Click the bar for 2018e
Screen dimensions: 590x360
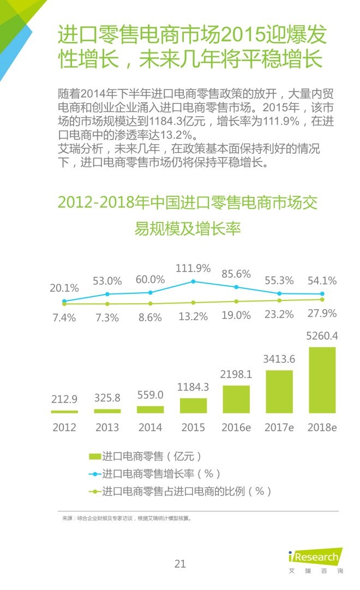coord(322,380)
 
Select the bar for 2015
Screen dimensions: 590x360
coord(193,405)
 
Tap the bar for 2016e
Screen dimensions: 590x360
coord(236,399)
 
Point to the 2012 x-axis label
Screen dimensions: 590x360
coord(64,428)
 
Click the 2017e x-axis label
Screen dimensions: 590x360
coord(279,428)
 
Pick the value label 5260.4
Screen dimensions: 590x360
coord(322,336)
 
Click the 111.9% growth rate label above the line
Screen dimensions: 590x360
coord(193,268)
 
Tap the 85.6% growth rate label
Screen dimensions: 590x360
coord(236,274)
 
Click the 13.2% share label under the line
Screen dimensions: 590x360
coord(193,316)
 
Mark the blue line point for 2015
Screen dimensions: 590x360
coord(193,281)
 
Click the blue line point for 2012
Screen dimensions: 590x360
coord(64,301)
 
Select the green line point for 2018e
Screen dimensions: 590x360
coord(322,299)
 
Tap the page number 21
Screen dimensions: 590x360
coord(180,564)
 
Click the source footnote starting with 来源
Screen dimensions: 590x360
coord(126,519)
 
